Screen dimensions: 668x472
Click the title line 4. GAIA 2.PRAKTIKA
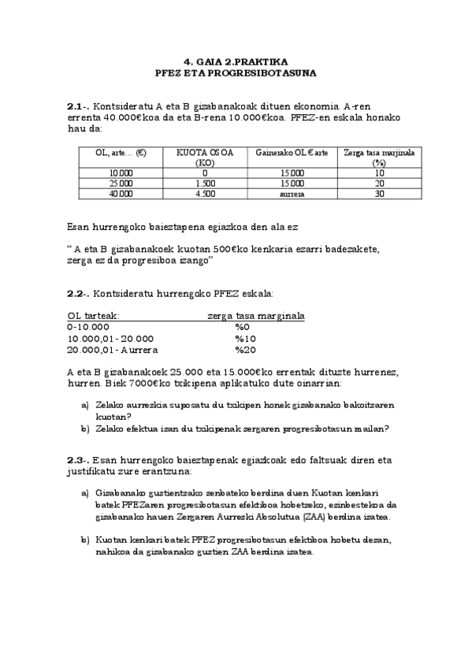[x=236, y=61]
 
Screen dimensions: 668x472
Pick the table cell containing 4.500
[x=204, y=193]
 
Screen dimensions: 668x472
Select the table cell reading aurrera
[x=292, y=193]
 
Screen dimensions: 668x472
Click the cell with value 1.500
[x=204, y=183]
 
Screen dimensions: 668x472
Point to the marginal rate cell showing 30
[x=379, y=193]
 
